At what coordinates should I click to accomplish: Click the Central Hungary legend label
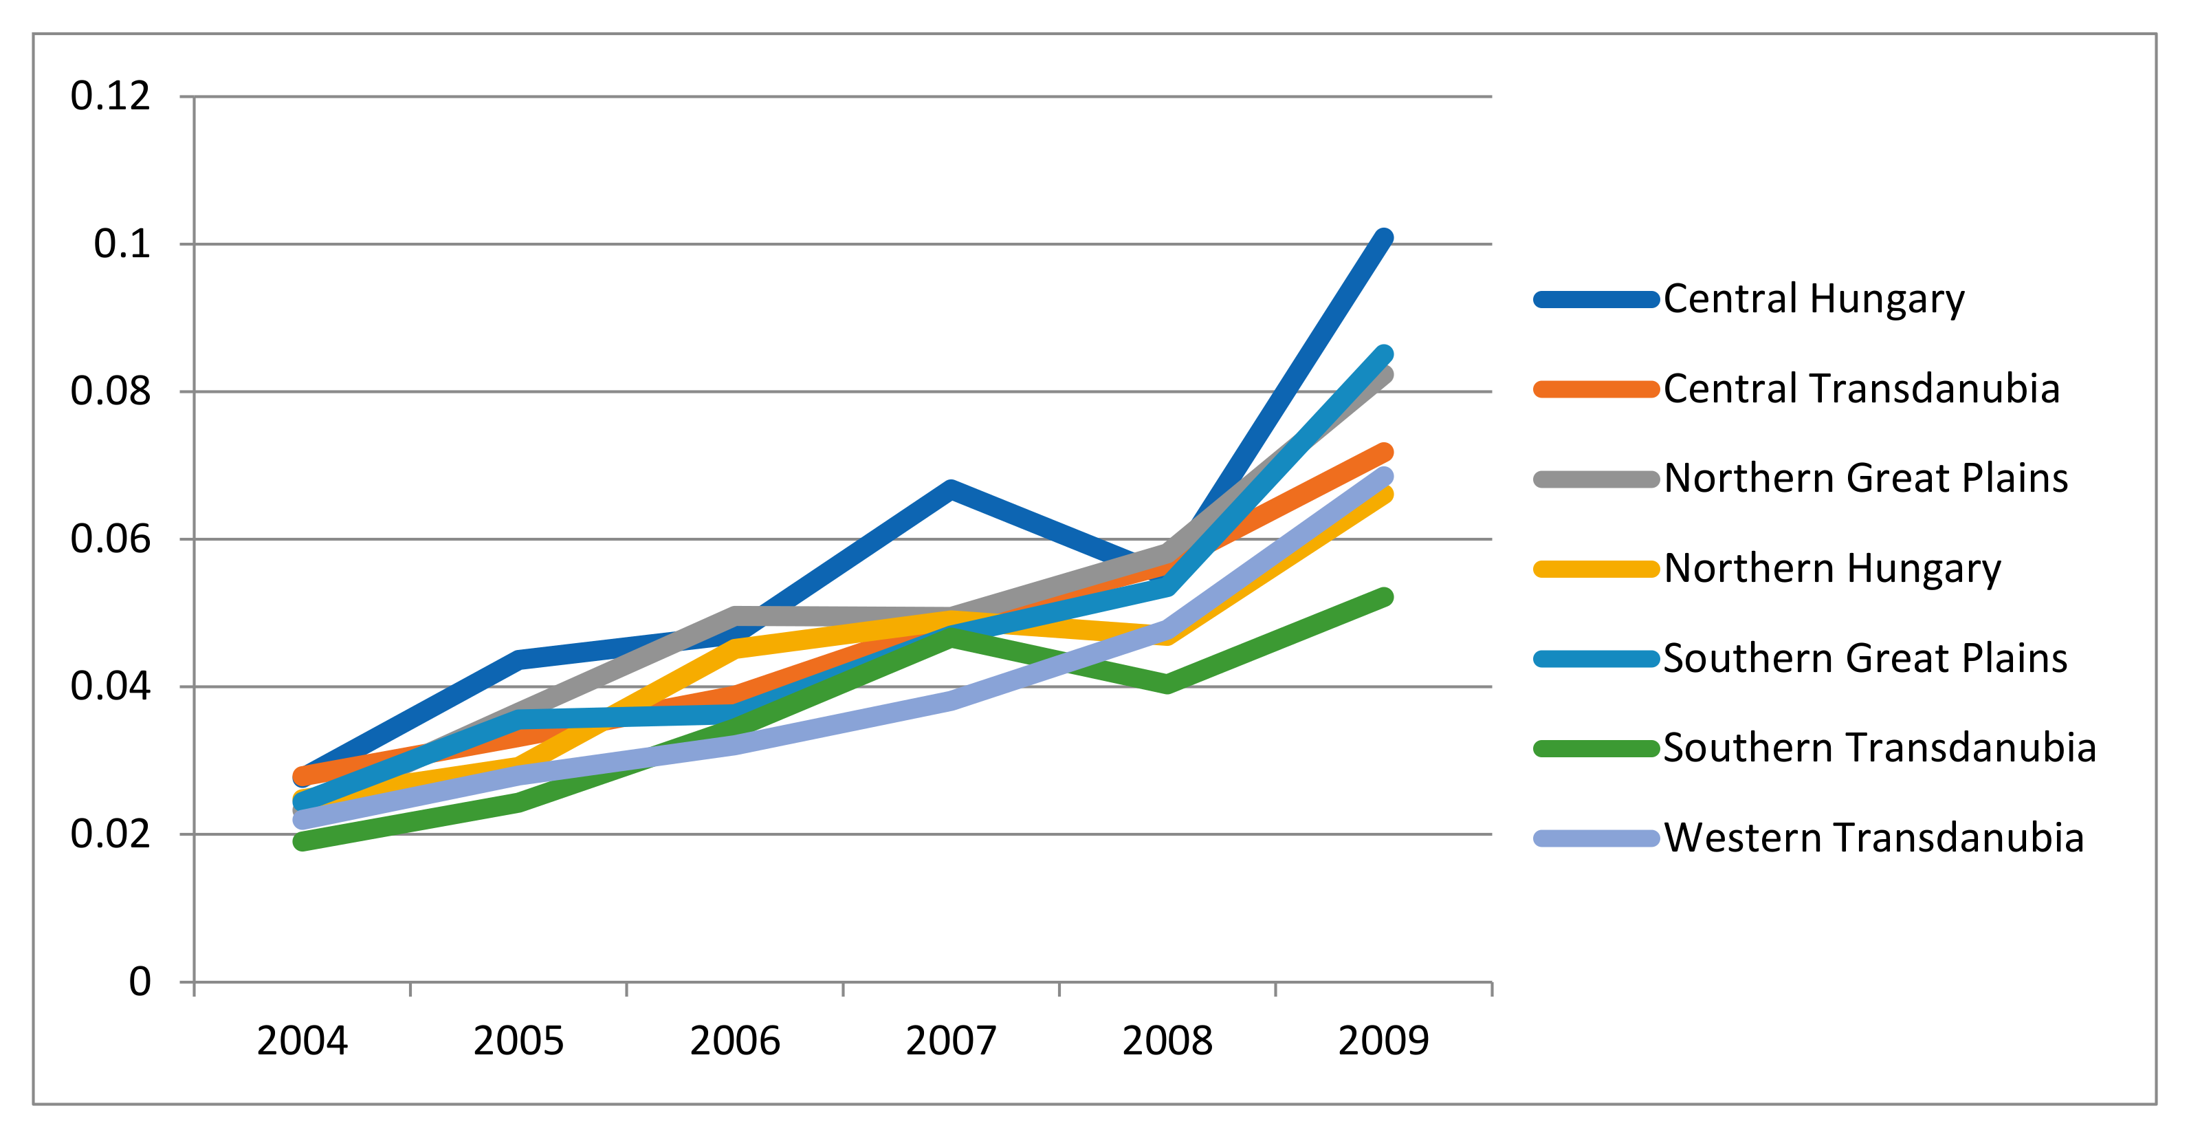coord(1814,299)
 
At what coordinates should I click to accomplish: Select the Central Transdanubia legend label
coord(1861,389)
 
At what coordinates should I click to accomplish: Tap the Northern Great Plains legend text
coord(1865,479)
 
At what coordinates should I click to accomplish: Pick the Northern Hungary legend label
coord(1832,569)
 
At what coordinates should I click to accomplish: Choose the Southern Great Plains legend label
coord(1864,659)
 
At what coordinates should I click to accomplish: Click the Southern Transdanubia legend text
coord(1879,748)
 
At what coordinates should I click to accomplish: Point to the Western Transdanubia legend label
coord(1873,838)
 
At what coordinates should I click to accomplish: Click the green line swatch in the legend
coord(1596,749)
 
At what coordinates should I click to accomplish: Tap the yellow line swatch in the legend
coord(1596,569)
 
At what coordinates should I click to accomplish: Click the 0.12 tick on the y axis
coord(111,96)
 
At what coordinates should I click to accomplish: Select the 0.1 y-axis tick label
coord(122,244)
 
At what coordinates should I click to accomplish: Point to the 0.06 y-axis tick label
coord(111,539)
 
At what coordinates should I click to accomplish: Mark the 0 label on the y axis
coord(140,981)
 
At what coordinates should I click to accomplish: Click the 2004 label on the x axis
coord(302,1041)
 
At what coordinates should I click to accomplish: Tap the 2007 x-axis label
coord(951,1041)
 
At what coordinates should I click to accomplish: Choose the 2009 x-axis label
coord(1383,1041)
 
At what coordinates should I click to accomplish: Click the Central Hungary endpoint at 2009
coord(1383,238)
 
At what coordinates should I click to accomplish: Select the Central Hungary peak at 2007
coord(951,489)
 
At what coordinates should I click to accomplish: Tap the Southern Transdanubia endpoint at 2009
coord(1383,597)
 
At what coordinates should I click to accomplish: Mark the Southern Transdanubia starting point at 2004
coord(302,841)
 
